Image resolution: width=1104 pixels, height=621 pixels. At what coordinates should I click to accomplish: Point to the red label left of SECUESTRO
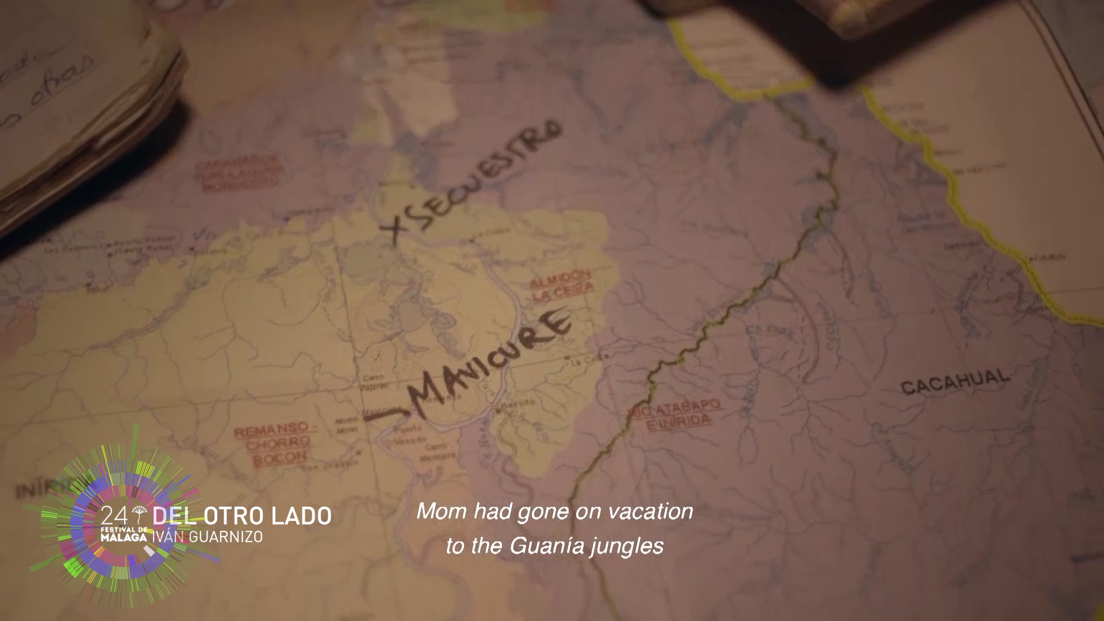[x=239, y=171]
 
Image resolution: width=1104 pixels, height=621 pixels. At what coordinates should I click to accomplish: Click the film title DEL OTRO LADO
[x=242, y=516]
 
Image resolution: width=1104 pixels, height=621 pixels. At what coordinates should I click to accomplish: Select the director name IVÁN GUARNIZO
[x=207, y=536]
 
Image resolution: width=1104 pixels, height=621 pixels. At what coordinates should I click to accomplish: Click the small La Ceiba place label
[x=581, y=361]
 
